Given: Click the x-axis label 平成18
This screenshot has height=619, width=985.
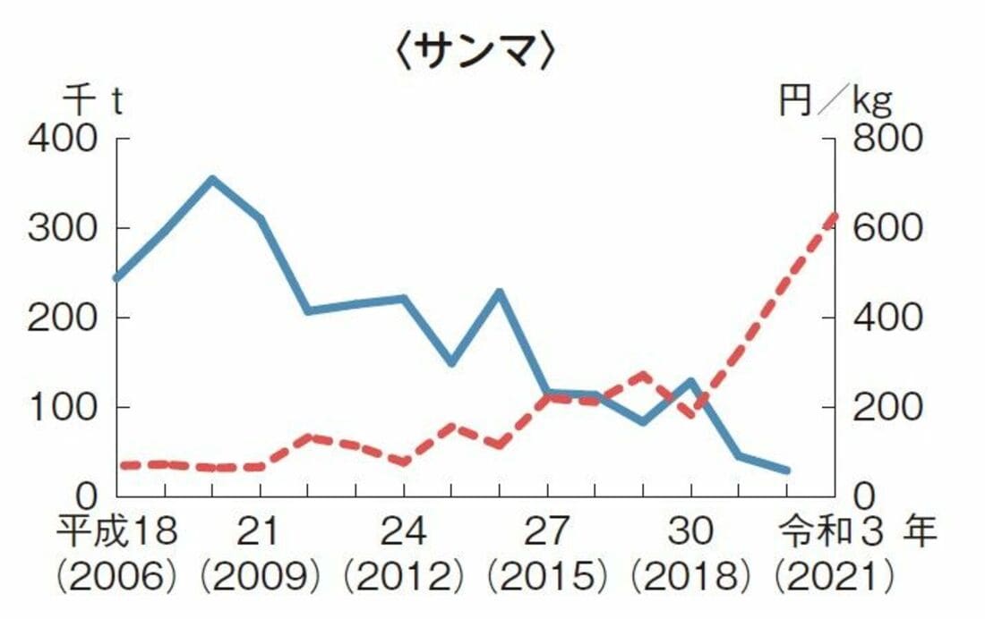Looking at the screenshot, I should pyautogui.click(x=117, y=533).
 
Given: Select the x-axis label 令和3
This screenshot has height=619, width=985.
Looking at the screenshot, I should pyautogui.click(x=824, y=533).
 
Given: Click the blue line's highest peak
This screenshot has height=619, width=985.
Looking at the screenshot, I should pyautogui.click(x=212, y=179).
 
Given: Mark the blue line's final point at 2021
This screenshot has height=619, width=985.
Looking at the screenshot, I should pyautogui.click(x=787, y=470).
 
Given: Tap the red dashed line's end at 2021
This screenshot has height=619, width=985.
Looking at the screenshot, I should pyautogui.click(x=835, y=216).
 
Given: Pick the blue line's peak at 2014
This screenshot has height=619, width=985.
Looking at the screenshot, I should pyautogui.click(x=500, y=292).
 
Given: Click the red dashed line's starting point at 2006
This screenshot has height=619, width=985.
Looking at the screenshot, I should pyautogui.click(x=118, y=465).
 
